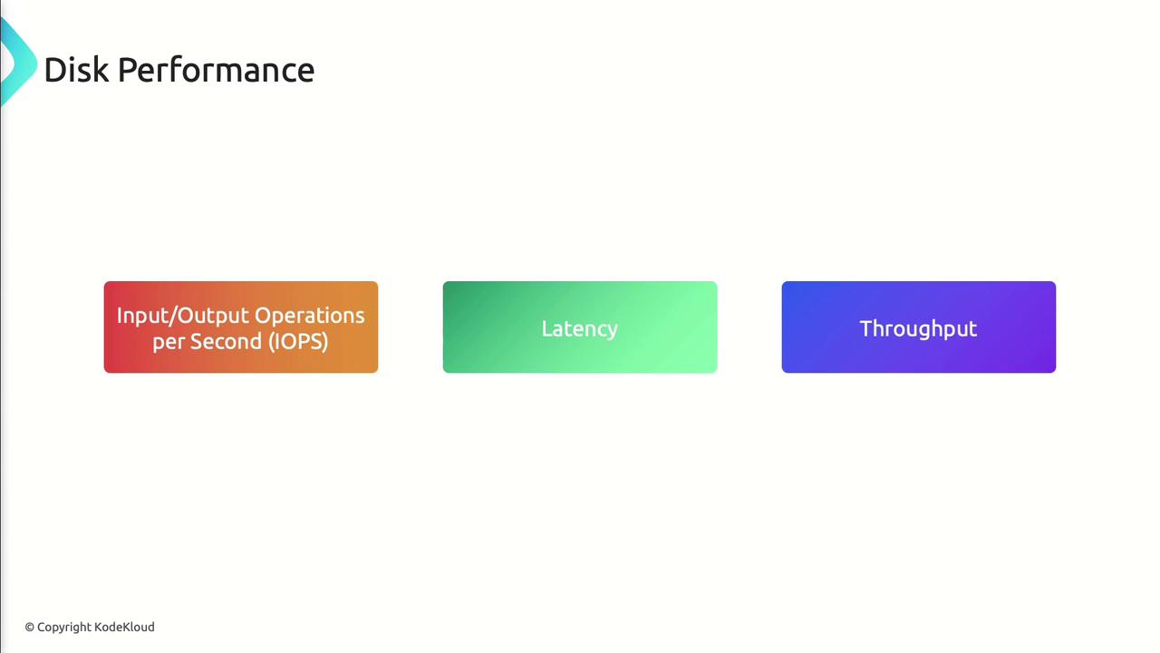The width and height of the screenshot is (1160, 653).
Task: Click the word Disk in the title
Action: point(77,70)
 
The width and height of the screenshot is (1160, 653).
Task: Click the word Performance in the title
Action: point(216,70)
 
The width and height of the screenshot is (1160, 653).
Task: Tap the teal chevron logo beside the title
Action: point(19,61)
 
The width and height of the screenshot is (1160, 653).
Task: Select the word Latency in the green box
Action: point(579,329)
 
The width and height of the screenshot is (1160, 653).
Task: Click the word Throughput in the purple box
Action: point(918,329)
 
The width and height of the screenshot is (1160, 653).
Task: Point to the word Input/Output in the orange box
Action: point(181,316)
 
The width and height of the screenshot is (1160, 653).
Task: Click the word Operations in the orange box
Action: point(309,316)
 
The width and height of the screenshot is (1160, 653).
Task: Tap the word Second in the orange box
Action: point(226,342)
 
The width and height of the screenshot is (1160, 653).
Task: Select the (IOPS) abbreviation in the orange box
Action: point(298,342)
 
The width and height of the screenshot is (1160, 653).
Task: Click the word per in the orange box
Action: point(168,344)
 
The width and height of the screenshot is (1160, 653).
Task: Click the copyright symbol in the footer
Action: point(30,627)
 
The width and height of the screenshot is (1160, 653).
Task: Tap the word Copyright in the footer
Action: point(64,628)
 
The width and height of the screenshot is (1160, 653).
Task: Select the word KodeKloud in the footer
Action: point(124,627)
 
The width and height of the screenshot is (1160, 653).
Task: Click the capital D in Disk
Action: point(54,70)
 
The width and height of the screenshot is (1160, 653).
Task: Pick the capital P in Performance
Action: point(128,70)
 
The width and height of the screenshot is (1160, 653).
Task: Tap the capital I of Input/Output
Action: point(120,315)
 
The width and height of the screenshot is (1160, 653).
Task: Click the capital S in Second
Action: point(197,342)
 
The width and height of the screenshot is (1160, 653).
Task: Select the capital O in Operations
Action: point(263,315)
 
